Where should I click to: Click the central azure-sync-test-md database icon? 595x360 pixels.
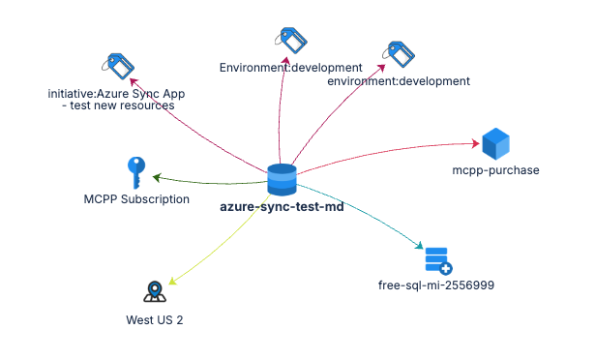(x=282, y=180)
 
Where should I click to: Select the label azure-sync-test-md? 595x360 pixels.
(x=282, y=206)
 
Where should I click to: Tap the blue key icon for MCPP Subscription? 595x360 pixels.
(x=136, y=173)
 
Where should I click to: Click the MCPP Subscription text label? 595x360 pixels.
(x=136, y=199)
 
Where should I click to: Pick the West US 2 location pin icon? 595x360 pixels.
(x=155, y=292)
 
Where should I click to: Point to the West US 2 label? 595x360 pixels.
(x=155, y=319)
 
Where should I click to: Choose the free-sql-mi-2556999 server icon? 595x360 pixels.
(x=437, y=261)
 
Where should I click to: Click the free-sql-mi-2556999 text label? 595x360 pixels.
(x=429, y=285)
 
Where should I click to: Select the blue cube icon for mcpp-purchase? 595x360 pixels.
(x=495, y=144)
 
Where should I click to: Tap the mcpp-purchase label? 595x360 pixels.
(x=495, y=170)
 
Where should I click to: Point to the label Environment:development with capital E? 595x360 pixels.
(x=290, y=68)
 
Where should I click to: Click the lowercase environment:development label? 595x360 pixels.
(x=398, y=81)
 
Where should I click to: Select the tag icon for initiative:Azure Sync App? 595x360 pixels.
(x=117, y=67)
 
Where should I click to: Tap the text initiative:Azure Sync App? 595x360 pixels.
(x=116, y=94)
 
